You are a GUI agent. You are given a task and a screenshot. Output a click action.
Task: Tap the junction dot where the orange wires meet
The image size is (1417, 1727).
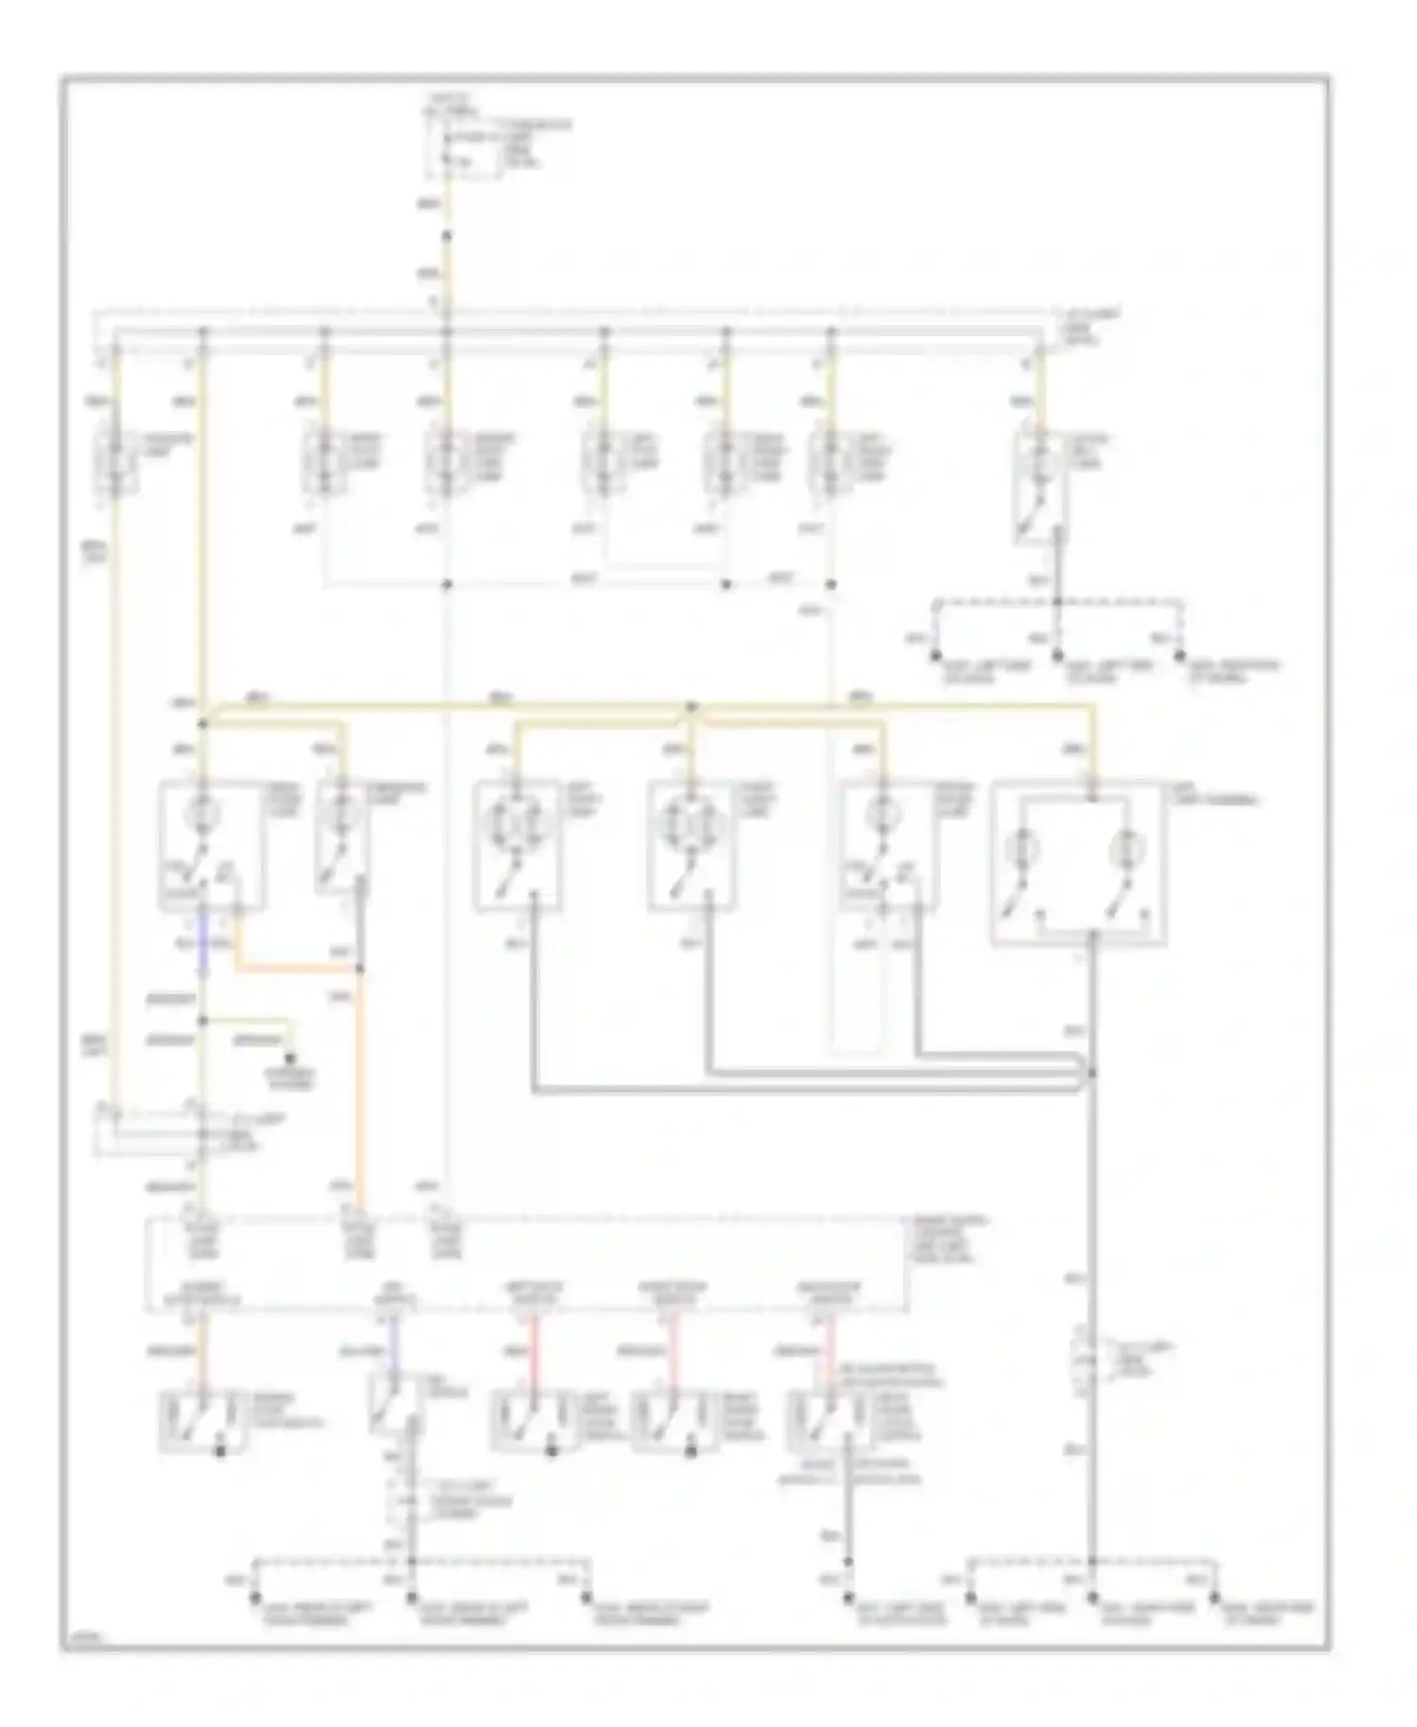[x=360, y=969]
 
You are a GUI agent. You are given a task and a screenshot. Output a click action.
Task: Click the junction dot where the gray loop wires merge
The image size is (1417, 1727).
[x=1093, y=1072]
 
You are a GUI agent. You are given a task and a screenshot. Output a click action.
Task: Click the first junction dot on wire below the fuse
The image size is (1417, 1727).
[x=448, y=236]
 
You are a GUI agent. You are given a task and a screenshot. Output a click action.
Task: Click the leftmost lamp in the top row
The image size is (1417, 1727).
[x=115, y=463]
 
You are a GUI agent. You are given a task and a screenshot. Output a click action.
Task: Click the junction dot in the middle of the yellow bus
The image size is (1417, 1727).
[x=691, y=707]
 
